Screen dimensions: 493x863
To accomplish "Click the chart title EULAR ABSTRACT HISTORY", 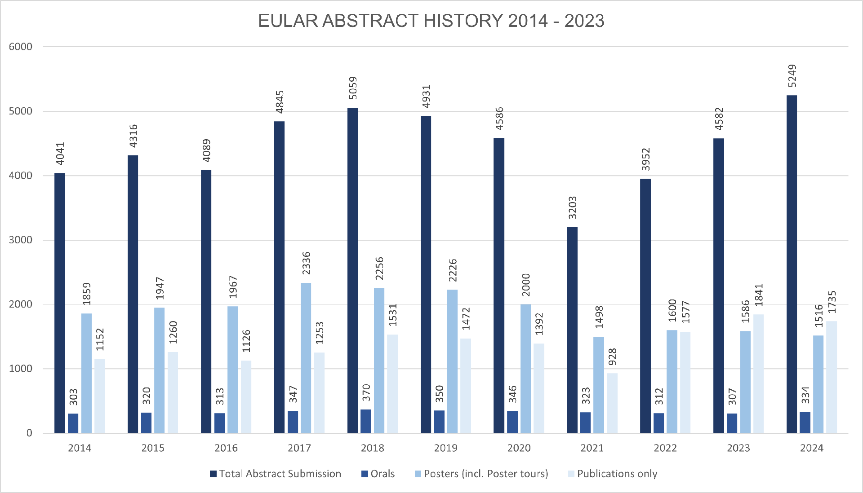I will click(x=431, y=21).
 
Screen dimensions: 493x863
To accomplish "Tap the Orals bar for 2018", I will click(x=366, y=421).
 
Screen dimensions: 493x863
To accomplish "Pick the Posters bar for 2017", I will click(x=306, y=358).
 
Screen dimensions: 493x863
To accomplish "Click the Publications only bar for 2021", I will click(x=612, y=403).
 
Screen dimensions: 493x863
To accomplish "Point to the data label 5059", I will click(x=353, y=88).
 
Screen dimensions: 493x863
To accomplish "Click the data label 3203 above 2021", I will click(x=572, y=207).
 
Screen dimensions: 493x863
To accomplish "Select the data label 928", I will click(x=612, y=357).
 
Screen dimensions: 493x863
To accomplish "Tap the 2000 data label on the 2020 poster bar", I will click(x=526, y=285).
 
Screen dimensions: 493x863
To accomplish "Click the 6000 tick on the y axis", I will click(x=21, y=47).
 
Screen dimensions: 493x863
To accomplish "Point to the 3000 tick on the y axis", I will click(x=21, y=240).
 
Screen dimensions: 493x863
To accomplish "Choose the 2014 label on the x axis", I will click(x=80, y=448).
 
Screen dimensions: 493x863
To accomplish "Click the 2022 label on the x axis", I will click(x=665, y=448).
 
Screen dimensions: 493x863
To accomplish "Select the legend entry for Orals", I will click(x=378, y=474).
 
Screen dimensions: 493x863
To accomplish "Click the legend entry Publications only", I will click(x=613, y=474).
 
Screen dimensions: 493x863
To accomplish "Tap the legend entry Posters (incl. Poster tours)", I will click(x=481, y=474).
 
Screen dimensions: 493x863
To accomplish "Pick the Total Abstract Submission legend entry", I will click(x=276, y=474).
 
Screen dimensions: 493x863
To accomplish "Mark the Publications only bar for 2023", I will click(x=758, y=374).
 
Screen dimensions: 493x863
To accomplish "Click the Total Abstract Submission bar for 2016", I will click(x=206, y=301).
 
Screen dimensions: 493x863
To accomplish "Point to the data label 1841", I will click(x=759, y=295).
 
